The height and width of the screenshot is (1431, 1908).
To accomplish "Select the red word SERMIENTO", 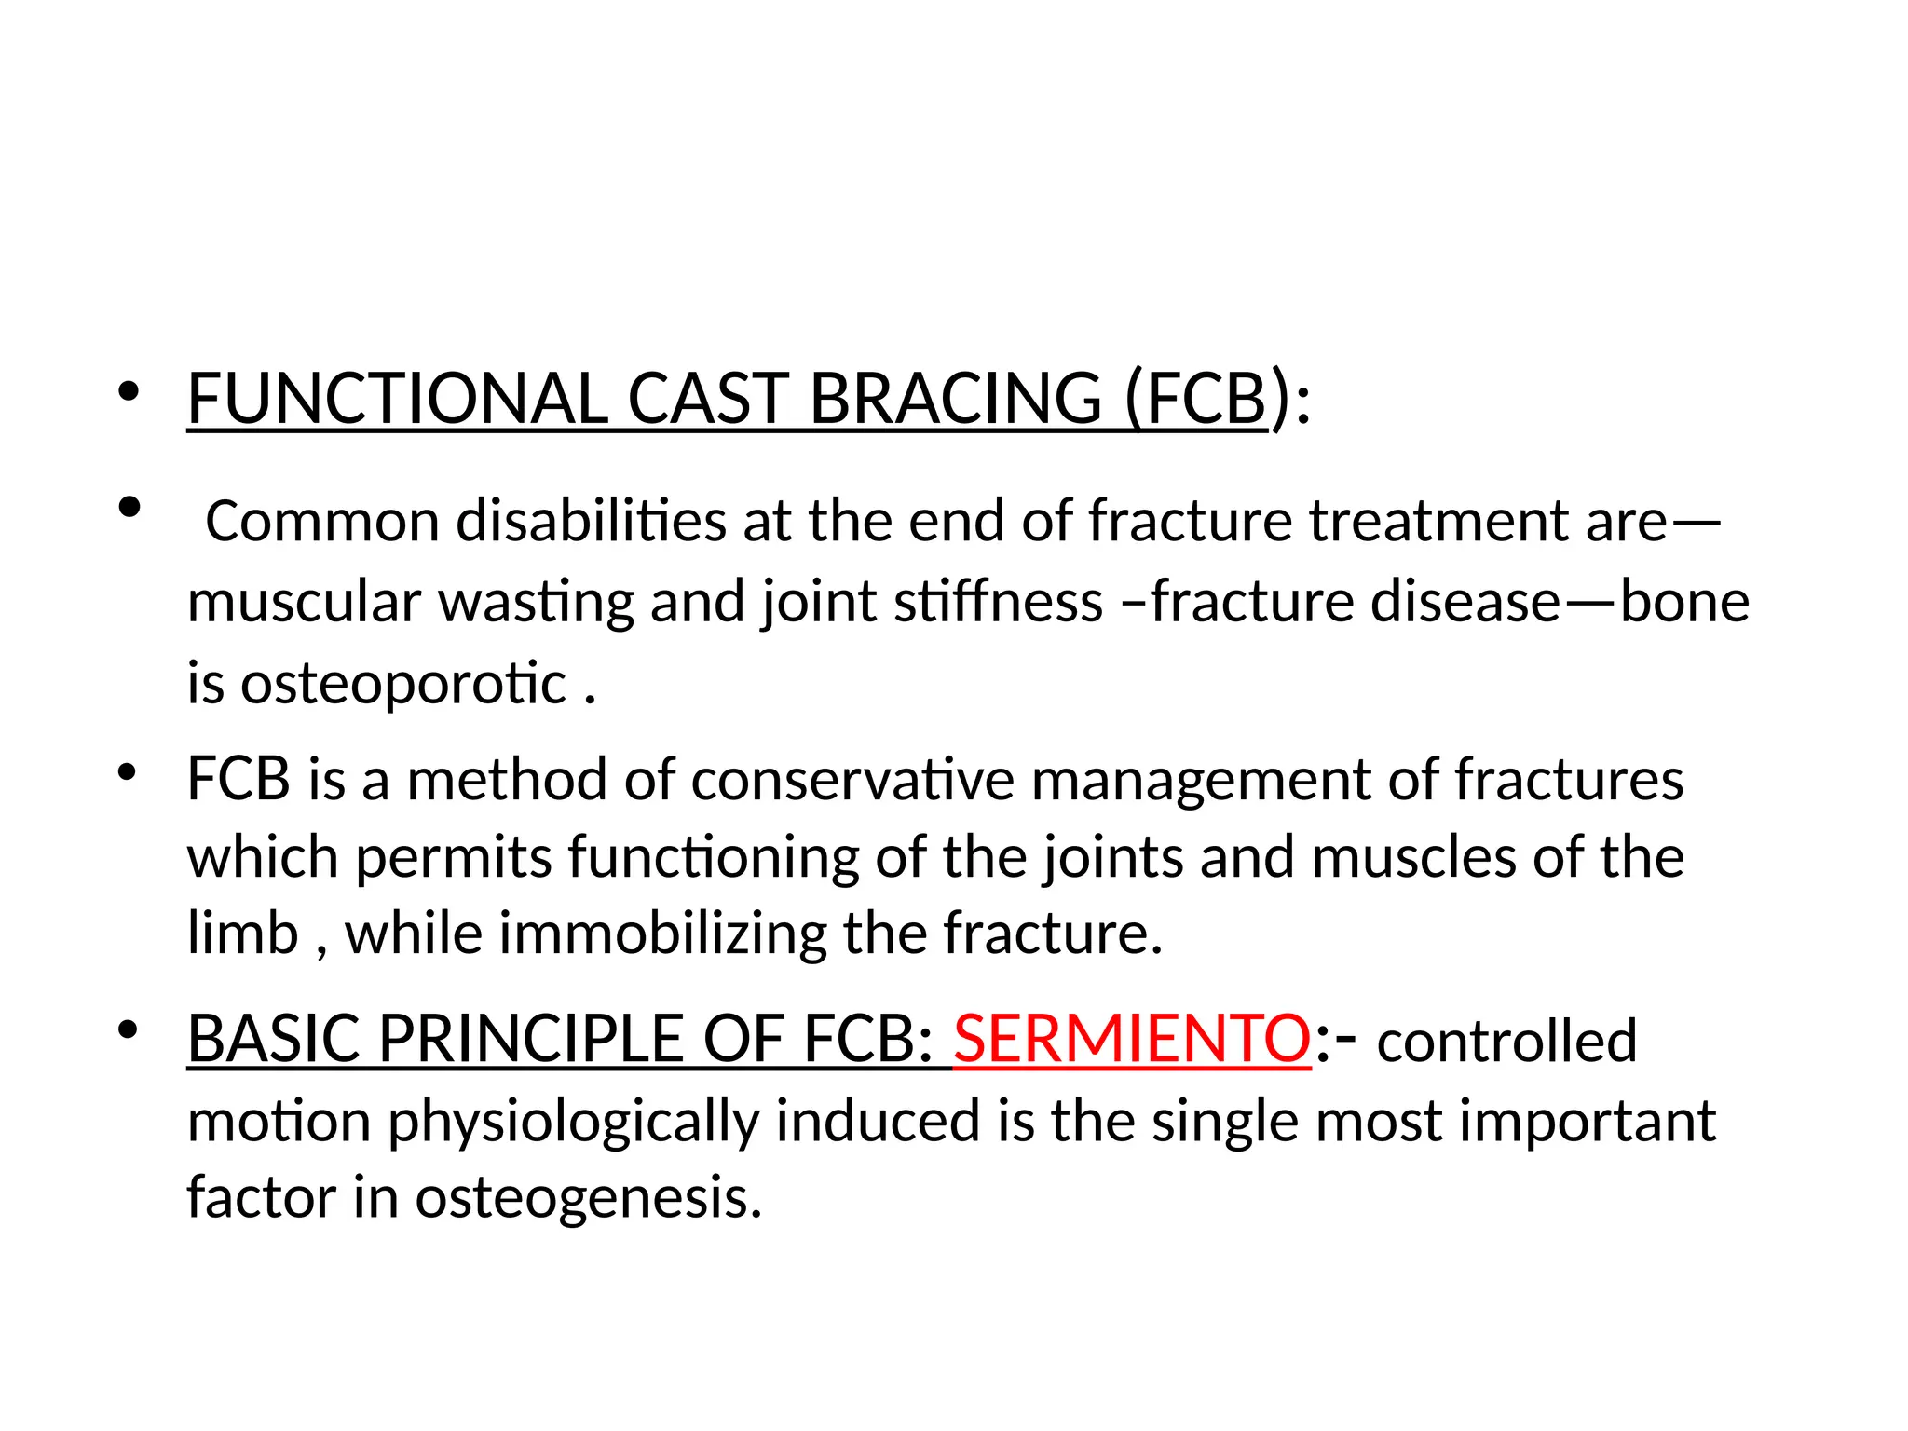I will coord(1132,1039).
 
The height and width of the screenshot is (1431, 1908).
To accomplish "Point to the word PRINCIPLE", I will coord(531,1039).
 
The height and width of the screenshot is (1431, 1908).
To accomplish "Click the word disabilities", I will coord(591,521).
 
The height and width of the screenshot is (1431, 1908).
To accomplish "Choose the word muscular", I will coord(304,602).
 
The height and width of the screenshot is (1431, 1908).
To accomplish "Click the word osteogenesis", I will coord(589,1198).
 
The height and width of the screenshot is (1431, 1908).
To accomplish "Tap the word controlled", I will coord(1506,1042).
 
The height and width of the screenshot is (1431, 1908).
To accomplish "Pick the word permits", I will coord(454,857).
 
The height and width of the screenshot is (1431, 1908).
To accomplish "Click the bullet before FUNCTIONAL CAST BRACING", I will coord(129,392).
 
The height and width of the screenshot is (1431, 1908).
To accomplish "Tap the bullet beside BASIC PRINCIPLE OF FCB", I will coord(129,1030).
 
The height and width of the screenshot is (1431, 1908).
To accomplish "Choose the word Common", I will coord(322,521).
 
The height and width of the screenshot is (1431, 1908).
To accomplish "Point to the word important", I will coord(1588,1121).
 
